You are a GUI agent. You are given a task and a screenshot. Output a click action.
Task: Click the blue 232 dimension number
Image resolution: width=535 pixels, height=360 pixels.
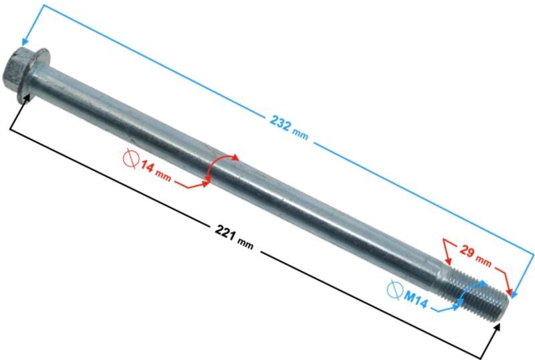(280, 122)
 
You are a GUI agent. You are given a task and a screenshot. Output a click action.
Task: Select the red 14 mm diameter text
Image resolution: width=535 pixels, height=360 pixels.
(156, 170)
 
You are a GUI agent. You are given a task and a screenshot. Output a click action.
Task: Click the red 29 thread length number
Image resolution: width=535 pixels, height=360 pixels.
(467, 252)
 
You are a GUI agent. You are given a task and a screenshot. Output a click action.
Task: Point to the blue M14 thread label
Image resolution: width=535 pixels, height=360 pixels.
(415, 299)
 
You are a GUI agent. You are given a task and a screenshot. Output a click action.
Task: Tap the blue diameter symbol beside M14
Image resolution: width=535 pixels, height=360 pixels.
(395, 290)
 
